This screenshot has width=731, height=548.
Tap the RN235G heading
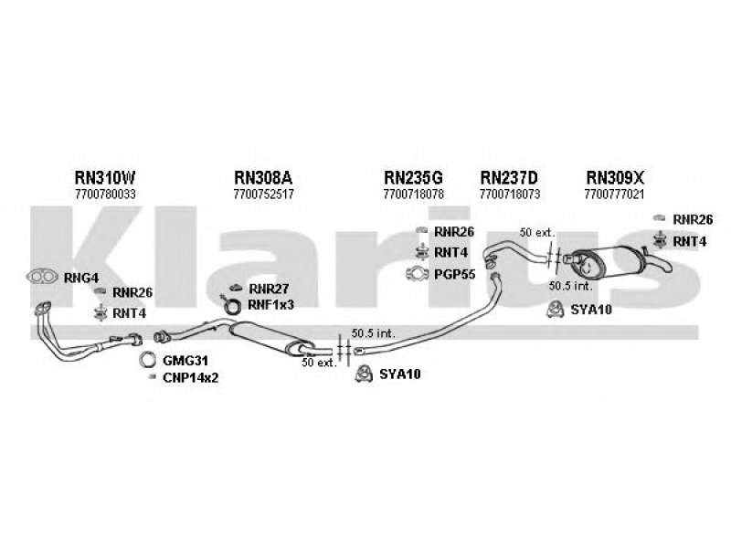point(414,177)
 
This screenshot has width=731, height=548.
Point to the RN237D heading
point(510,177)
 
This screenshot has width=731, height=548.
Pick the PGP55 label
point(454,274)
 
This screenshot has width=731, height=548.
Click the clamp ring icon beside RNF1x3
point(233,305)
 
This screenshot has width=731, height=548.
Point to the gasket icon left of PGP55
point(416,274)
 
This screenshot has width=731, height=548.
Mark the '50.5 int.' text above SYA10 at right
point(567,285)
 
